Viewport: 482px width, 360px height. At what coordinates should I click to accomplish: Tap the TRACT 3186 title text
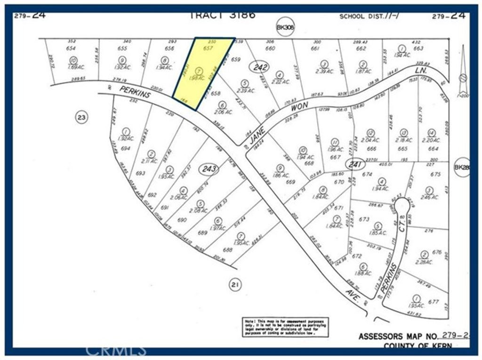[222, 15]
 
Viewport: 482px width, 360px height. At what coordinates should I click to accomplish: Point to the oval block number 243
[209, 168]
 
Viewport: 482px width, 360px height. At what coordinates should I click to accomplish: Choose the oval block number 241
[355, 164]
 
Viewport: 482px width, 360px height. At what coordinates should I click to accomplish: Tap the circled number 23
[81, 117]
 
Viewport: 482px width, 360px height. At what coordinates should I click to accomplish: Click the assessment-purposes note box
[286, 327]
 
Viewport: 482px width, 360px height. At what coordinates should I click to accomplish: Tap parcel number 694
[125, 148]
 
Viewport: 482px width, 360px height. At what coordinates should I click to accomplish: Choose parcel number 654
[71, 48]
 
